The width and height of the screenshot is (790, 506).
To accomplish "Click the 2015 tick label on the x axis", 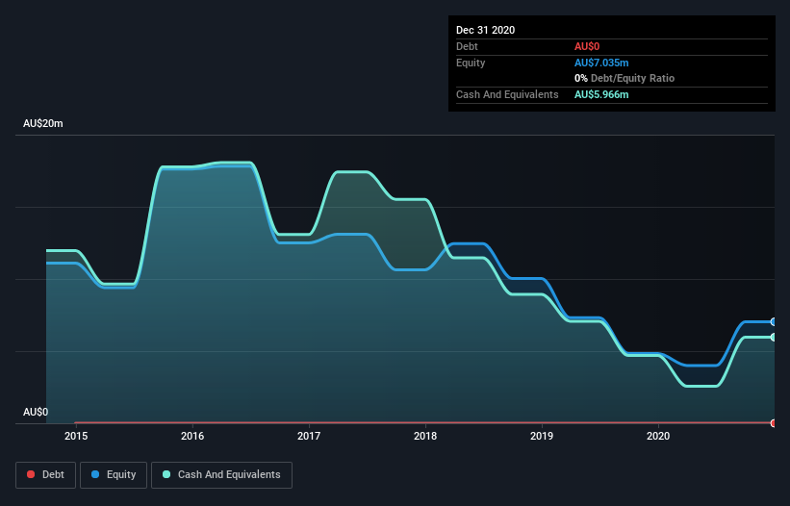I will [x=76, y=436].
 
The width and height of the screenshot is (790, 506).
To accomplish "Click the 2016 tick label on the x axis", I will [x=192, y=436].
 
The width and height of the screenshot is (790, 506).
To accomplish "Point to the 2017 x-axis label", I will [x=309, y=436].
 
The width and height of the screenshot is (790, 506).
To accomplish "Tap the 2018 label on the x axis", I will [x=425, y=436].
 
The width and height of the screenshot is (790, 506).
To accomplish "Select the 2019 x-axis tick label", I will [x=542, y=436].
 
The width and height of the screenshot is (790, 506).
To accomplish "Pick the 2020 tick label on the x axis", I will [x=658, y=436].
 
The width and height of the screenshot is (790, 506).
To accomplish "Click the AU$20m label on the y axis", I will [x=43, y=124].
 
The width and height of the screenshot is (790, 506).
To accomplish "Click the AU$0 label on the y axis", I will [x=36, y=412].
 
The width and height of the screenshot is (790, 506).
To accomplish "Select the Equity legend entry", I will [x=114, y=474].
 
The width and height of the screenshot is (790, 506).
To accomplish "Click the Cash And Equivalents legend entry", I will [x=221, y=474].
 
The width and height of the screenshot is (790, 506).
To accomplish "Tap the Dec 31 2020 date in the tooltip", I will [x=485, y=30].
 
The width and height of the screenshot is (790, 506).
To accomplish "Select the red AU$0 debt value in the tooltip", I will [x=587, y=46].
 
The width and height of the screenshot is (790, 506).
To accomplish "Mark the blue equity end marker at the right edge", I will [x=774, y=321].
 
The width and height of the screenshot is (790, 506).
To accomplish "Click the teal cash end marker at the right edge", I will [x=774, y=337].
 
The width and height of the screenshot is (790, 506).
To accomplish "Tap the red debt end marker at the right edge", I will [x=774, y=422].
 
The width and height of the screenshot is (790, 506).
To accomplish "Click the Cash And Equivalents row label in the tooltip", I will [x=507, y=94].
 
